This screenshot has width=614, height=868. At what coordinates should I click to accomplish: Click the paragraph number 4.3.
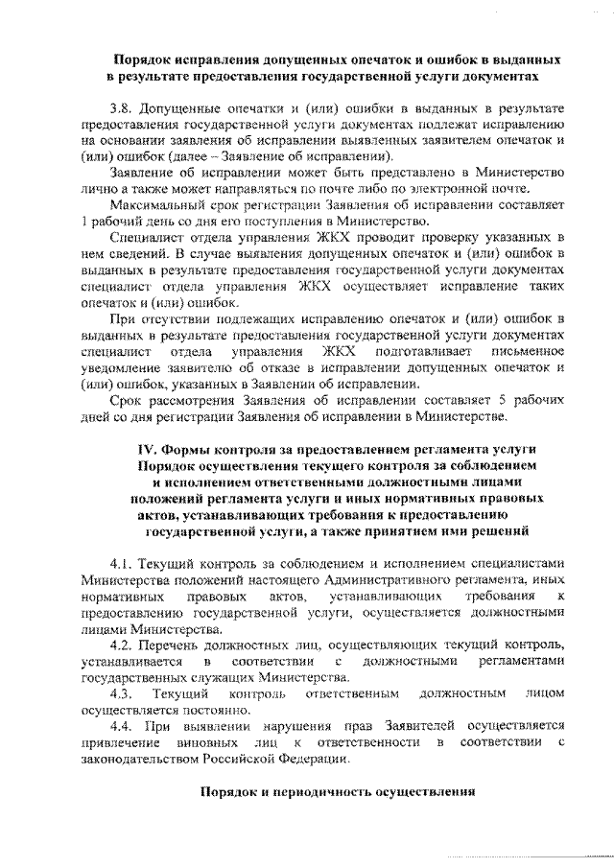(122, 693)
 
